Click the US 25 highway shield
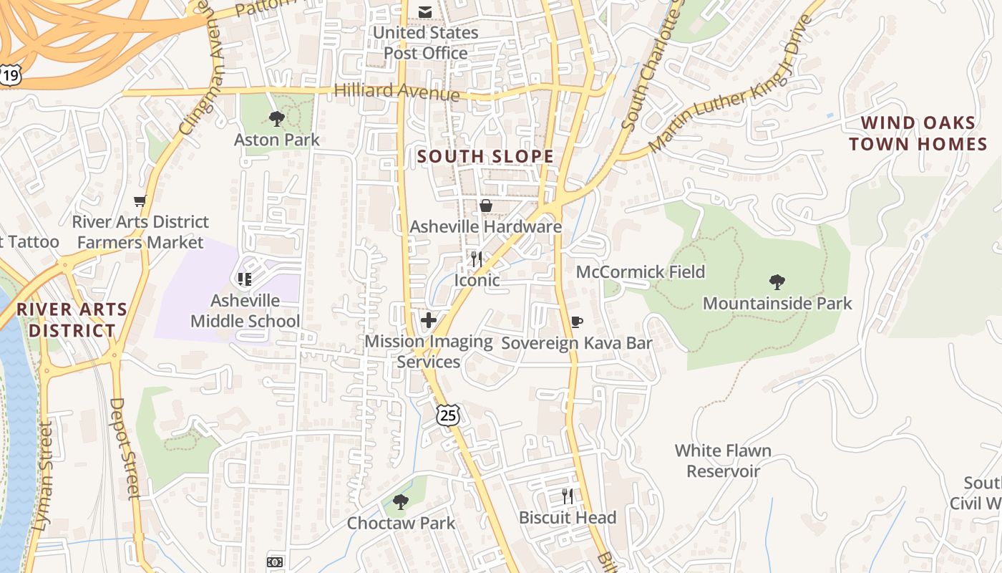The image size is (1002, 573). click(448, 415)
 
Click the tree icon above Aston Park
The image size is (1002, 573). click(276, 119)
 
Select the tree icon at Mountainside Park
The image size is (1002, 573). click(777, 281)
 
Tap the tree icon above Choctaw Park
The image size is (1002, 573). click(401, 501)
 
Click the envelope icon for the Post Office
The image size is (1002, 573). click(425, 11)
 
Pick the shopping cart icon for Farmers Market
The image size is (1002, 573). click(140, 201)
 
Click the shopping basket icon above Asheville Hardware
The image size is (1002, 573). click(486, 206)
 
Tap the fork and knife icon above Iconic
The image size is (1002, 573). click(477, 259)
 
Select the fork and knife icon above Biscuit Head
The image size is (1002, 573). click(567, 496)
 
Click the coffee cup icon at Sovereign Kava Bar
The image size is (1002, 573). click(576, 322)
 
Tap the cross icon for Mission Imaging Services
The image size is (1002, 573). click(428, 319)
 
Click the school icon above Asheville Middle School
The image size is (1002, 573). click(244, 279)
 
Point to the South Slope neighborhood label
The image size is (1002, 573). click(485, 156)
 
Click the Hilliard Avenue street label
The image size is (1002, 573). click(397, 91)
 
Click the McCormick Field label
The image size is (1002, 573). click(641, 272)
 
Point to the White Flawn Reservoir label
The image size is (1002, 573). click(723, 461)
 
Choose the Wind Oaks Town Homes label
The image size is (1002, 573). click(918, 133)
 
